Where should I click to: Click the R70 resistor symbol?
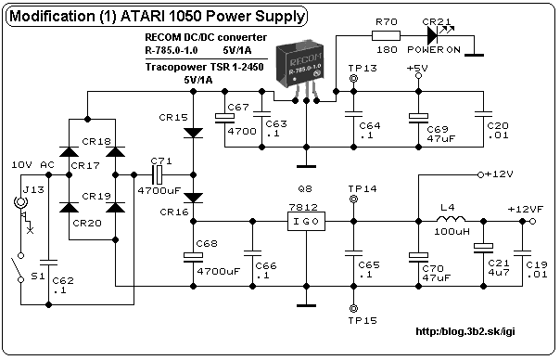(386, 36)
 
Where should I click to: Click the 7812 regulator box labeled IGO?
(307, 222)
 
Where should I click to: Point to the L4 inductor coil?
(451, 219)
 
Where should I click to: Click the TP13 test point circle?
(353, 78)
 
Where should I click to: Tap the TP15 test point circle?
(353, 308)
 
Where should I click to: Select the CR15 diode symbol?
(193, 133)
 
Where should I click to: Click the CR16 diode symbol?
(193, 198)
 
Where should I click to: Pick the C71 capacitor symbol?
(157, 174)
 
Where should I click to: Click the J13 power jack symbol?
(20, 202)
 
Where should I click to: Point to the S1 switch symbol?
(17, 267)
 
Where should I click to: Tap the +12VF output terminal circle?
(532, 222)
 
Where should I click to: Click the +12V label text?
(499, 174)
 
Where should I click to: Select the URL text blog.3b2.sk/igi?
(465, 331)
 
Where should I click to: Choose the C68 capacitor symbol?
(193, 257)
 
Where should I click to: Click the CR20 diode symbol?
(69, 207)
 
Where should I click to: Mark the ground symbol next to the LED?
(475, 55)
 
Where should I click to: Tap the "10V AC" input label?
(32, 165)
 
